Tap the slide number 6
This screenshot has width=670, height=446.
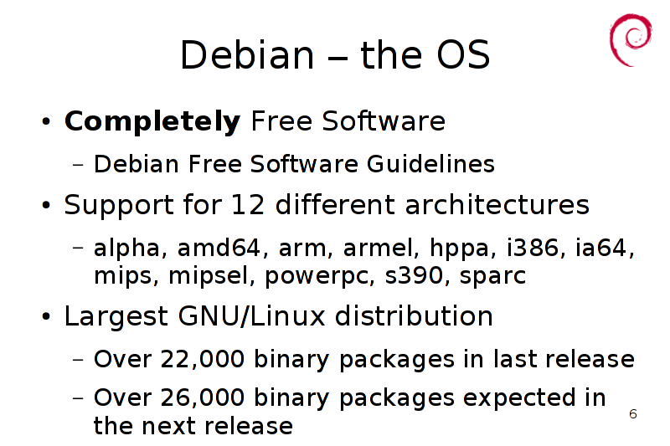coord(633,413)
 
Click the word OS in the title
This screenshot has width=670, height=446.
coord(463,54)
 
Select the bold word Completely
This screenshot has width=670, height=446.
coord(152,121)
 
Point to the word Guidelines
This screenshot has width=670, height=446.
coord(430,163)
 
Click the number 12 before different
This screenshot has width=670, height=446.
coord(248,204)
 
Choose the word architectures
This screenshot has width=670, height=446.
coord(497,204)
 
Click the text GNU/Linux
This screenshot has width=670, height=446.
coord(252,316)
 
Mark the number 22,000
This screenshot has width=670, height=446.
coord(202,358)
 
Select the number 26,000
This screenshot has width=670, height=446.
coord(202,397)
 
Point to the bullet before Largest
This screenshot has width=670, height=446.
coord(46,316)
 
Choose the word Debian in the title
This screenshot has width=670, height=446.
coord(247,54)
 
